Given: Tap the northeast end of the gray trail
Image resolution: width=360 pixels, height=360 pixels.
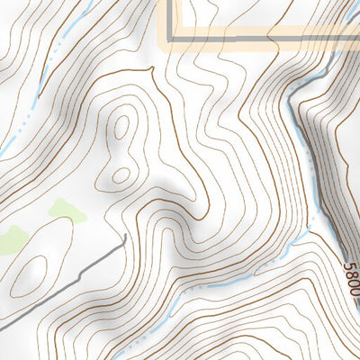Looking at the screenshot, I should tap(123, 238).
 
